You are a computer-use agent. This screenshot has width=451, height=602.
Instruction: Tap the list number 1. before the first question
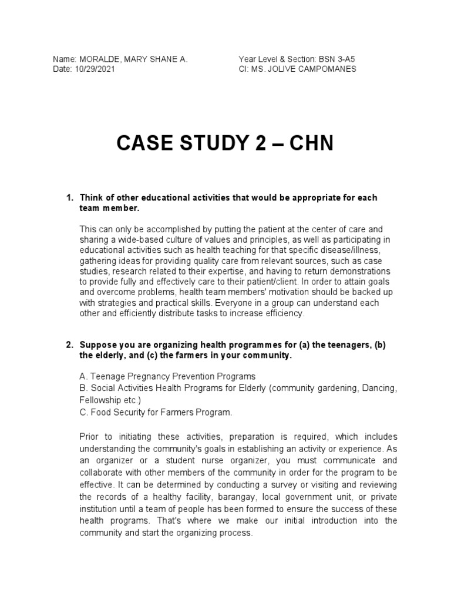pos(68,198)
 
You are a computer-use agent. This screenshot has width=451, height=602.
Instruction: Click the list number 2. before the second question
pos(68,345)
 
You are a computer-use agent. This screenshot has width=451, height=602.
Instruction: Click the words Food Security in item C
pos(116,412)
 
